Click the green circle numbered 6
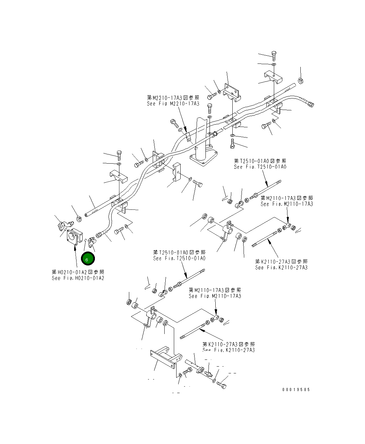[87, 259]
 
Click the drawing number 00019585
[296, 390]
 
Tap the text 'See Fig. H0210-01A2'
[78, 278]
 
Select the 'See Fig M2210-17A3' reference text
[173, 104]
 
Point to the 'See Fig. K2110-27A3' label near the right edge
[281, 267]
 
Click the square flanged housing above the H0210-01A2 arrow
[74, 236]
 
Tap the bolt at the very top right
[274, 55]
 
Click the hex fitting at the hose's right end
[310, 104]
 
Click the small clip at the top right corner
[301, 80]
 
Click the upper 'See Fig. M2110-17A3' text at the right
[287, 204]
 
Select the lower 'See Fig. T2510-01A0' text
[179, 258]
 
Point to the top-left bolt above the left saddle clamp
[119, 154]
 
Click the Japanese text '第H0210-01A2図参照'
[78, 272]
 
